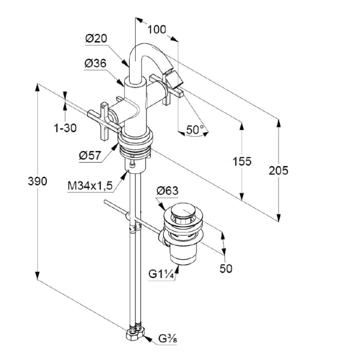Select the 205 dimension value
click(x=278, y=170)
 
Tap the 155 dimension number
click(x=242, y=161)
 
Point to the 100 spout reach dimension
click(x=156, y=29)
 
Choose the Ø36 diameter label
click(x=95, y=63)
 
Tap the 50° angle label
click(x=195, y=130)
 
